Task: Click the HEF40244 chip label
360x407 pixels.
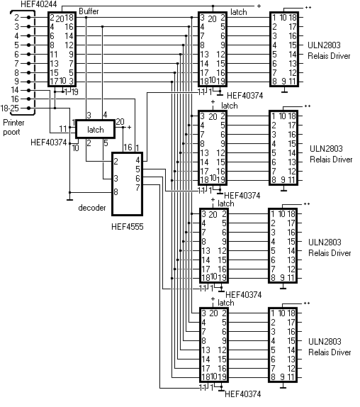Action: click(x=39, y=4)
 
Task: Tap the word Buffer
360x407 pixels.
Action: click(x=89, y=11)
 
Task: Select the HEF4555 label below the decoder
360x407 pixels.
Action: click(x=127, y=227)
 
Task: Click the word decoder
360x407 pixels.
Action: click(x=92, y=208)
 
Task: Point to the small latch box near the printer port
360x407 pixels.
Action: click(x=95, y=129)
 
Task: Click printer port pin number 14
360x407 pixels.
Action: click(x=15, y=90)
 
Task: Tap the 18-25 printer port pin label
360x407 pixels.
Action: click(x=10, y=108)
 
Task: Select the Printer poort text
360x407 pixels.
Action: click(x=13, y=127)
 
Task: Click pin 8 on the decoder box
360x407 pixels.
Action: click(x=116, y=192)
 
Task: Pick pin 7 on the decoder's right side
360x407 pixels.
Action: click(x=137, y=187)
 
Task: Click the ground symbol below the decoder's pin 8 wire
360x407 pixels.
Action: click(x=69, y=199)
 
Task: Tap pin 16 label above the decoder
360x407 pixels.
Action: click(x=128, y=147)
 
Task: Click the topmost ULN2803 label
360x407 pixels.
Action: click(x=324, y=45)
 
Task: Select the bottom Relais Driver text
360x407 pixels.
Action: click(x=330, y=352)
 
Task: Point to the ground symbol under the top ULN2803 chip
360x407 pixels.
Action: click(x=284, y=91)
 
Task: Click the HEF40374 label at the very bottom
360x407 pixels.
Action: click(x=243, y=394)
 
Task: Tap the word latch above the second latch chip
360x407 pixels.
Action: click(x=230, y=106)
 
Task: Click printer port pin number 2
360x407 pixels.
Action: click(x=16, y=18)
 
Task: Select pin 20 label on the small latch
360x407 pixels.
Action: click(x=120, y=122)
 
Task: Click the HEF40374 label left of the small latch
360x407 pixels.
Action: click(x=48, y=143)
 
